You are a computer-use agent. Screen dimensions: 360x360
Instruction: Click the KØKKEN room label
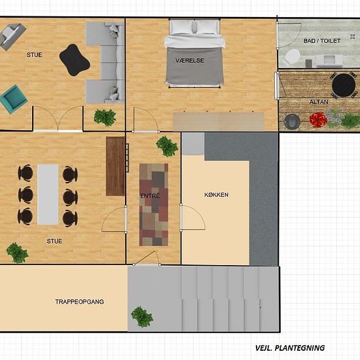216,194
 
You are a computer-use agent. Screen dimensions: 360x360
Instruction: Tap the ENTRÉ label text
150,196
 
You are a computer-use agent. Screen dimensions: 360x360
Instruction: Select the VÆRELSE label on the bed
190,60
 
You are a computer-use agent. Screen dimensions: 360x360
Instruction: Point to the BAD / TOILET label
322,41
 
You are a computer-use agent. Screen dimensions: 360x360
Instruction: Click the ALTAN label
319,101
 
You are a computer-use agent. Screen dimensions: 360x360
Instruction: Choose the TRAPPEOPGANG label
79,302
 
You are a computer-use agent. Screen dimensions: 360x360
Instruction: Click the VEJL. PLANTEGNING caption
290,348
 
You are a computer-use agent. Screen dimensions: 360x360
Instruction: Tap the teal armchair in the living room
13,99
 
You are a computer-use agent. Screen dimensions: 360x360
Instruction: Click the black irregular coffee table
75,60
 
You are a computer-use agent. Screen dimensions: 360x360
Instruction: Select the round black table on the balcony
344,85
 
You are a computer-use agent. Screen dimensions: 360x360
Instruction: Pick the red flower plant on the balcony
318,119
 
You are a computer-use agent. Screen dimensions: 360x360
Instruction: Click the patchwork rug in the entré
154,205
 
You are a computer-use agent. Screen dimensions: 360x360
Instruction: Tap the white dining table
48,194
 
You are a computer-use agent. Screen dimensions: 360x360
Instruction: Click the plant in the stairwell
142,317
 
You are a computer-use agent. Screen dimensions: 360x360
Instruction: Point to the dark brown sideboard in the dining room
115,166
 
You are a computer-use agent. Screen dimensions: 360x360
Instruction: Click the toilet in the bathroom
293,57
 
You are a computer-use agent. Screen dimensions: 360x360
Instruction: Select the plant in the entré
167,146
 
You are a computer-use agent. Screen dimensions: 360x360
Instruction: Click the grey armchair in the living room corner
12,36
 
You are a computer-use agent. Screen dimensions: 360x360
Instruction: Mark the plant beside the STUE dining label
17,253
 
